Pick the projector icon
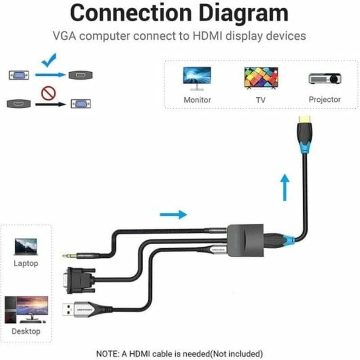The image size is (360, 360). (x=324, y=78)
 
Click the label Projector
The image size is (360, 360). (x=324, y=99)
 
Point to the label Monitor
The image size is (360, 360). (x=197, y=100)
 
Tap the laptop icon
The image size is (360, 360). (x=26, y=246)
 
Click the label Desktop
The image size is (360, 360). (x=26, y=331)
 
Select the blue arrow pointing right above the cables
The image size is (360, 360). (x=173, y=215)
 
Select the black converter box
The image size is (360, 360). (x=245, y=240)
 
